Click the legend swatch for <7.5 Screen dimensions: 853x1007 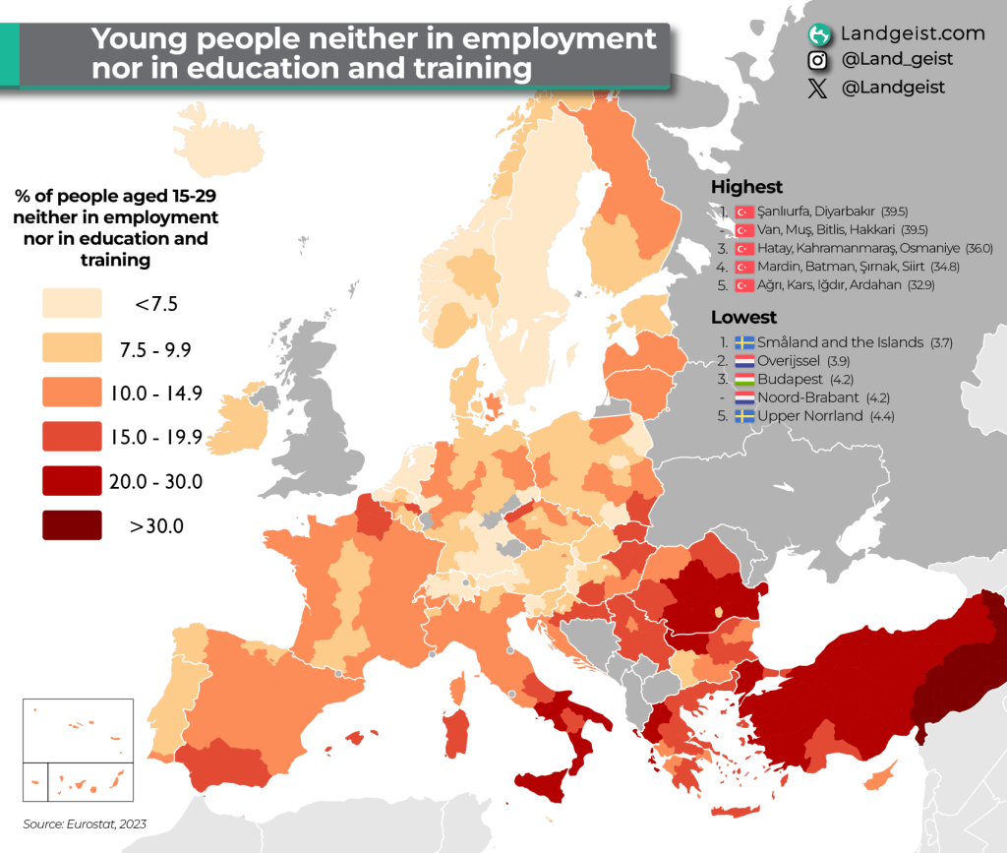pyautogui.click(x=72, y=303)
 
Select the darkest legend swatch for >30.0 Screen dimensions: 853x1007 pyautogui.click(x=72, y=525)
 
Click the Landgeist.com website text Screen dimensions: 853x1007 pyautogui.click(x=912, y=33)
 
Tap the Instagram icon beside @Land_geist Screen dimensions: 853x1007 pyautogui.click(x=817, y=61)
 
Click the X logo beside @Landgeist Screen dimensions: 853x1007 pyautogui.click(x=817, y=88)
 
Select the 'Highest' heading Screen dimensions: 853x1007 pyautogui.click(x=746, y=187)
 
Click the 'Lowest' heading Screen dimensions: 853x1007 pyautogui.click(x=743, y=317)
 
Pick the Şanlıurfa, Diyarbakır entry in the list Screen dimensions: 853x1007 pyautogui.click(x=816, y=212)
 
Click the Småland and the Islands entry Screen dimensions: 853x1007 pyautogui.click(x=841, y=342)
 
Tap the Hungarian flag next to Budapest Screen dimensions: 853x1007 pyautogui.click(x=744, y=380)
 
